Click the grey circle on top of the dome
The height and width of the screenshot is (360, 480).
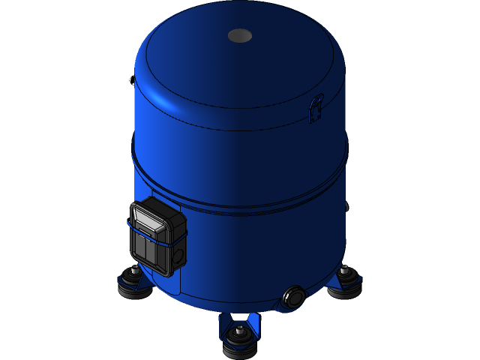pyautogui.click(x=240, y=35)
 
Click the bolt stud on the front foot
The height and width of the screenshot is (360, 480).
pyautogui.click(x=239, y=331)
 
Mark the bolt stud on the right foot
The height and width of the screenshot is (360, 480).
pyautogui.click(x=344, y=268)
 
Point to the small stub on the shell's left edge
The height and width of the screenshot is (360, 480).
pyautogui.click(x=131, y=78)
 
